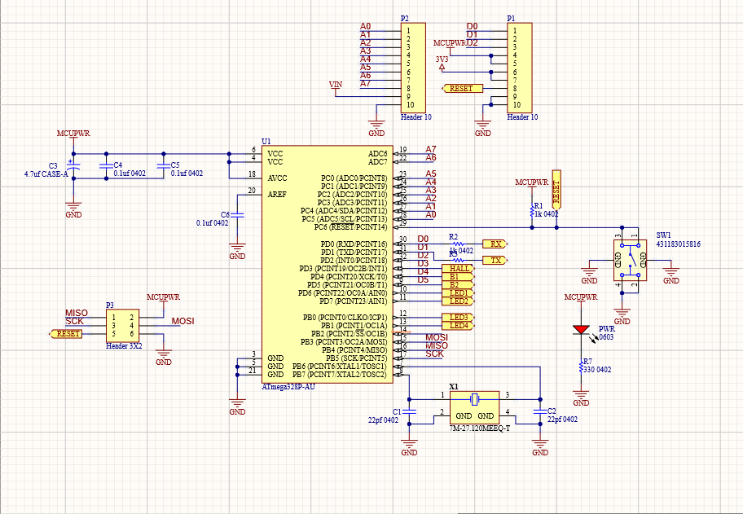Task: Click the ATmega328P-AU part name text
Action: click(x=288, y=387)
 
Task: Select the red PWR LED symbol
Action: click(x=581, y=330)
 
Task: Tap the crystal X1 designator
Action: click(x=454, y=386)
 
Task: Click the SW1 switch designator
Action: click(x=665, y=234)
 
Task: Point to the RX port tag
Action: click(x=495, y=244)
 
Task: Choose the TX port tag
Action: click(x=495, y=260)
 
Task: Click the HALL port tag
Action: click(x=459, y=268)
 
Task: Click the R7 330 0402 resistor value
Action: click(x=598, y=370)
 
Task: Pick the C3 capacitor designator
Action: click(x=54, y=165)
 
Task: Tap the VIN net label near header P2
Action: click(x=336, y=85)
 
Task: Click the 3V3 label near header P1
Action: click(x=442, y=59)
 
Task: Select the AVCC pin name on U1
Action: click(x=277, y=178)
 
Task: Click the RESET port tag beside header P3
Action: click(x=68, y=333)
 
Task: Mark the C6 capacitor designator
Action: click(x=226, y=214)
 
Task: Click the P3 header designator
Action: click(x=110, y=305)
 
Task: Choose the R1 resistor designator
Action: click(x=538, y=206)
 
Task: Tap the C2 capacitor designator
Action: click(x=552, y=411)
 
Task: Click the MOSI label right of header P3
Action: click(x=183, y=322)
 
